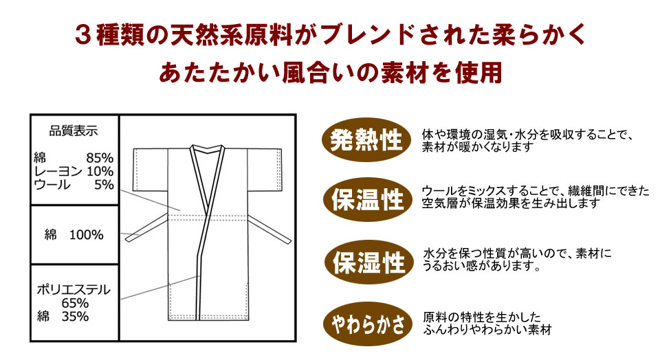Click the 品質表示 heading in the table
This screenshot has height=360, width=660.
[74, 130]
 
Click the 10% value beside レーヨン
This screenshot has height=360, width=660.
[100, 171]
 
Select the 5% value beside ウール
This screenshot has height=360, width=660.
[104, 184]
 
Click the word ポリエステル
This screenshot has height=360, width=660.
[74, 289]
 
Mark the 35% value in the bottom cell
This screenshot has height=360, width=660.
[76, 317]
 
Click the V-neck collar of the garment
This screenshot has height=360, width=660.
[207, 155]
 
